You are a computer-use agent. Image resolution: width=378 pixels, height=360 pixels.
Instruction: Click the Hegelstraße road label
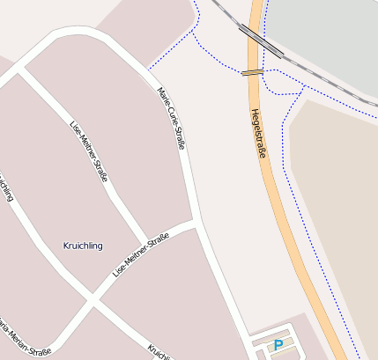click(x=258, y=133)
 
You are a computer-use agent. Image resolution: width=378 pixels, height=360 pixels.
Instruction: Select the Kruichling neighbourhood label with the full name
click(x=83, y=246)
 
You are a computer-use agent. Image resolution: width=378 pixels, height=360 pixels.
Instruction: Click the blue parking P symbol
click(x=278, y=346)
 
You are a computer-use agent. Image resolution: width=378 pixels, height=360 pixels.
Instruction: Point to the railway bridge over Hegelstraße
click(x=260, y=40)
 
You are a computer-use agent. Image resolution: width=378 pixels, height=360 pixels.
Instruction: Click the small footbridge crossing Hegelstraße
click(x=253, y=72)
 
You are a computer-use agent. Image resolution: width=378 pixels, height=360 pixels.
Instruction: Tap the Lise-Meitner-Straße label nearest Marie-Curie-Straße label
click(x=88, y=151)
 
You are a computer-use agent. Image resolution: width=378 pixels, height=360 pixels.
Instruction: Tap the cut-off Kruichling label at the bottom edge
click(x=159, y=353)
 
